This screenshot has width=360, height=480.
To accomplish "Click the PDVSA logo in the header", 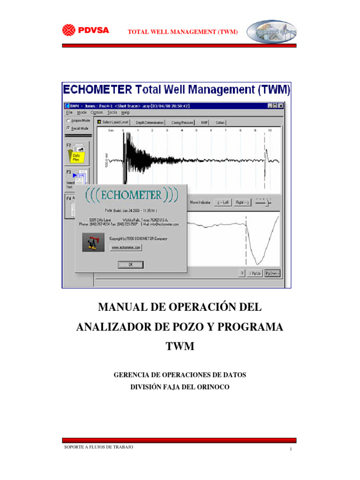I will (x=86, y=30).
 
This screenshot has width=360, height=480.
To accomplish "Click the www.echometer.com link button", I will (x=126, y=247).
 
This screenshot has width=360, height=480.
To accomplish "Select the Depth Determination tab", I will (x=150, y=122).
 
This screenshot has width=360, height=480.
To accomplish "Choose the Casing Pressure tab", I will (x=182, y=122).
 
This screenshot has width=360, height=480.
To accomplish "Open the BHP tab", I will (x=204, y=122).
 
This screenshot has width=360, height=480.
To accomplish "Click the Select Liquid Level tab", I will (x=112, y=122).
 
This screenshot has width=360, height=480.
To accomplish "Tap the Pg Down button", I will (x=272, y=273).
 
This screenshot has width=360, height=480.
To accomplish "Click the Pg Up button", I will (x=255, y=273).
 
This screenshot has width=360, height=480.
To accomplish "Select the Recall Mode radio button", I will (x=68, y=127).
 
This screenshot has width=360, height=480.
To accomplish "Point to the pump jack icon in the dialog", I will (x=93, y=242).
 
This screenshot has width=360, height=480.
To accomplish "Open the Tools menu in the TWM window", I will (x=112, y=112).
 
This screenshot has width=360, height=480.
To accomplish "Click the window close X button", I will (x=281, y=106).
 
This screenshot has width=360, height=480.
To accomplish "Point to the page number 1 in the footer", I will (x=291, y=450).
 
